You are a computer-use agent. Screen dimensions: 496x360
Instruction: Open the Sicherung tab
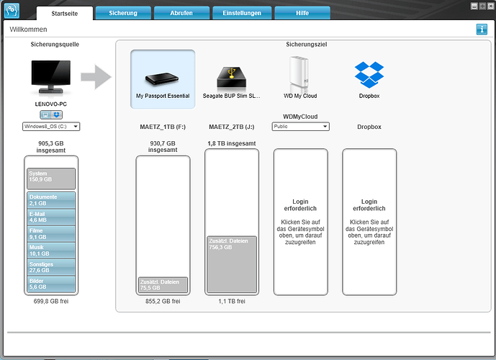click(123, 13)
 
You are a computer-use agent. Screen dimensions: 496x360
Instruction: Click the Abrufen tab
click(181, 13)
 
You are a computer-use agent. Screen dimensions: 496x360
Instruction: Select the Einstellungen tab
click(242, 13)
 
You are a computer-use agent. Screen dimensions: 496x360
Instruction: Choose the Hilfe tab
click(302, 13)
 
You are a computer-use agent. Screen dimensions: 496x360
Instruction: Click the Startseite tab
click(65, 13)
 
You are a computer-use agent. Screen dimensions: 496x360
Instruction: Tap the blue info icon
click(482, 30)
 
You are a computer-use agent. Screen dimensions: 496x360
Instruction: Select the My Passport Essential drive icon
click(162, 78)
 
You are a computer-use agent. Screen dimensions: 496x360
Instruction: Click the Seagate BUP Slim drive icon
click(232, 78)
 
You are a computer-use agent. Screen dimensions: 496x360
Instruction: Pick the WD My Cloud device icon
click(299, 74)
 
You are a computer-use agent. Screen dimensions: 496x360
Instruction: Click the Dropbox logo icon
click(369, 75)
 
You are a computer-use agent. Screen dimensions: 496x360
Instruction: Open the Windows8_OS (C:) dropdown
click(51, 127)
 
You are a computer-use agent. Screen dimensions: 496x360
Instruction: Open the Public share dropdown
click(300, 127)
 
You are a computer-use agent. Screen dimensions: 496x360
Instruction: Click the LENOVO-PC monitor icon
click(51, 77)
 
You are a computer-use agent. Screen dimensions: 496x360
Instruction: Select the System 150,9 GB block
click(51, 179)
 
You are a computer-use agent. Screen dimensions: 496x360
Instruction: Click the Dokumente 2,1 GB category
click(51, 200)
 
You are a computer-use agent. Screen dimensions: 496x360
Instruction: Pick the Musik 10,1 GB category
click(51, 251)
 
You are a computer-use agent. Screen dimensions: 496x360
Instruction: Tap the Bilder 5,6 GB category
click(51, 284)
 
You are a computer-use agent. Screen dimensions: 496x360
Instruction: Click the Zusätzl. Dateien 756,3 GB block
click(232, 264)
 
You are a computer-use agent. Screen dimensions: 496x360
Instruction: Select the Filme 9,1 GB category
click(51, 234)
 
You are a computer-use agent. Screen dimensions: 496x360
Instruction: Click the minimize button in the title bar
click(474, 6)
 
